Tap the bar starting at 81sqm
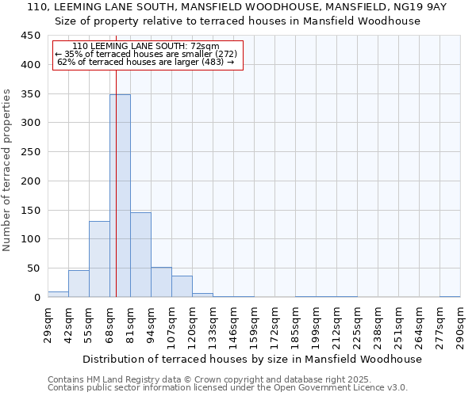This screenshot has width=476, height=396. (140, 254)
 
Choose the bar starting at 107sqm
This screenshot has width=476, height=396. (182, 286)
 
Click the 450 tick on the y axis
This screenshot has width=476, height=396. (31, 36)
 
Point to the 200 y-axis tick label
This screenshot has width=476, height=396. (31, 181)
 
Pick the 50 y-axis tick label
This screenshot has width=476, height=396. (34, 268)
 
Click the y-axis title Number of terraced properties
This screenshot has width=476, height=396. (7, 170)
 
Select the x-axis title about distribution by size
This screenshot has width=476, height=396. (254, 359)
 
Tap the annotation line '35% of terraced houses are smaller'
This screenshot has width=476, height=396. (146, 54)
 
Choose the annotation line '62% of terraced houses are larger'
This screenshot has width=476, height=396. (146, 62)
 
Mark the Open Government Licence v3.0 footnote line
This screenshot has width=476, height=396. (228, 387)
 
